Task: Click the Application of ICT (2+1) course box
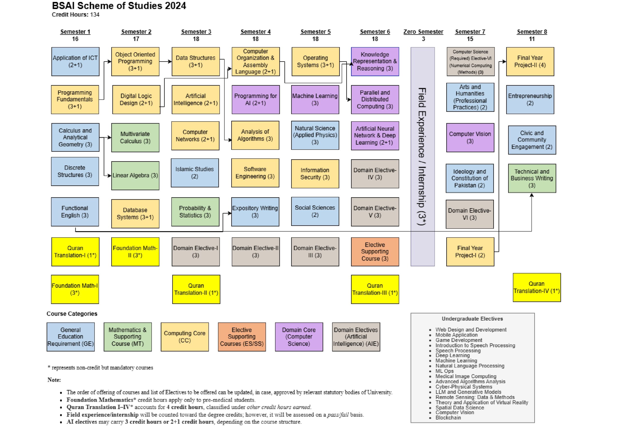click(75, 61)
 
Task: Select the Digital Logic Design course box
click(136, 100)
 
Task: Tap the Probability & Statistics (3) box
click(195, 212)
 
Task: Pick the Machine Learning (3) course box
click(315, 100)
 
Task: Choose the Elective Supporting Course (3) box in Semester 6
click(375, 252)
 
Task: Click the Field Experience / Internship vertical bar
click(423, 157)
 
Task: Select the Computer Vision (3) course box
click(470, 138)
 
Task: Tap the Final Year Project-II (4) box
click(530, 61)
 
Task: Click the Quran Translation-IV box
click(536, 287)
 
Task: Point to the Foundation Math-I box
click(75, 289)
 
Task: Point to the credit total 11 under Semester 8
click(532, 39)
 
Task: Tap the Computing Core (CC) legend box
click(185, 337)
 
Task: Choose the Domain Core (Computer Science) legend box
click(299, 337)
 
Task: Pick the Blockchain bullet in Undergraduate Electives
click(448, 418)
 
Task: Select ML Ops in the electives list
click(444, 371)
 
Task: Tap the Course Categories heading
click(72, 314)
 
